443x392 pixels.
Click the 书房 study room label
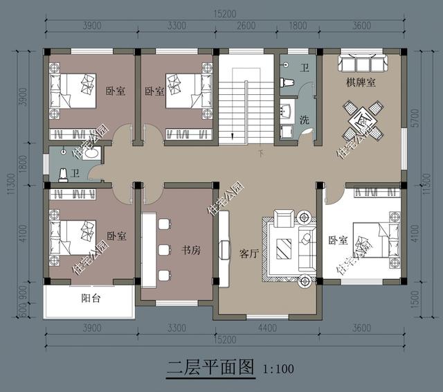[x=191, y=251]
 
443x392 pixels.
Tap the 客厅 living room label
[x=248, y=253]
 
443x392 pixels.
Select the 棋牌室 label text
[x=361, y=83]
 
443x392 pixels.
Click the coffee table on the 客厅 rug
[x=284, y=248]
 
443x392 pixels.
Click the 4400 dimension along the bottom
[x=266, y=328]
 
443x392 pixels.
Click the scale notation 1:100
[x=278, y=368]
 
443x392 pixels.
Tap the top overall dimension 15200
[x=223, y=13]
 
